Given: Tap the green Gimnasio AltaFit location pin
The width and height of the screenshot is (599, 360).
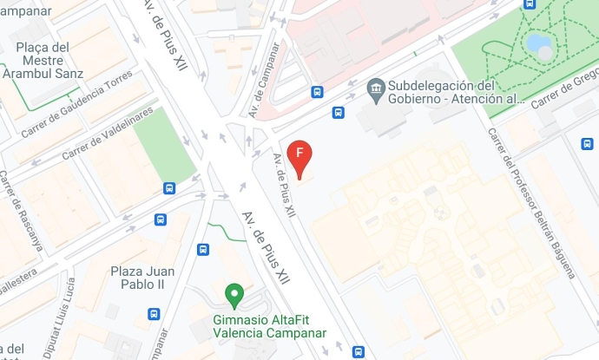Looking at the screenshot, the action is pos(234,296).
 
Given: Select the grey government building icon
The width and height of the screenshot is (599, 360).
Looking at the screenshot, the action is pos(376,87).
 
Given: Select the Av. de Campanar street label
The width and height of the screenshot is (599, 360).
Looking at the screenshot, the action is pos(266,81).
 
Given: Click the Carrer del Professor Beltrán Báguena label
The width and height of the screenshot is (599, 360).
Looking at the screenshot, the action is pos(530,203).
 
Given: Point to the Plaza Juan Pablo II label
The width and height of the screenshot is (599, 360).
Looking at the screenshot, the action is pos(137,278).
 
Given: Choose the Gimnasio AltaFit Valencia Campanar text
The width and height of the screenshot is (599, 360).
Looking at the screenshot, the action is pos(269,325).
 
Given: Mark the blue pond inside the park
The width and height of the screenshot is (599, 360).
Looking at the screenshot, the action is pos(539,45).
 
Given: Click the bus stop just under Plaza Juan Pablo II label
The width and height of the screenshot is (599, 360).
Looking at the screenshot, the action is pos(154,314).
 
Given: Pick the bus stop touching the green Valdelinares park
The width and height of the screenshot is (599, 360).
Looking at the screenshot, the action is pos(169,187).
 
